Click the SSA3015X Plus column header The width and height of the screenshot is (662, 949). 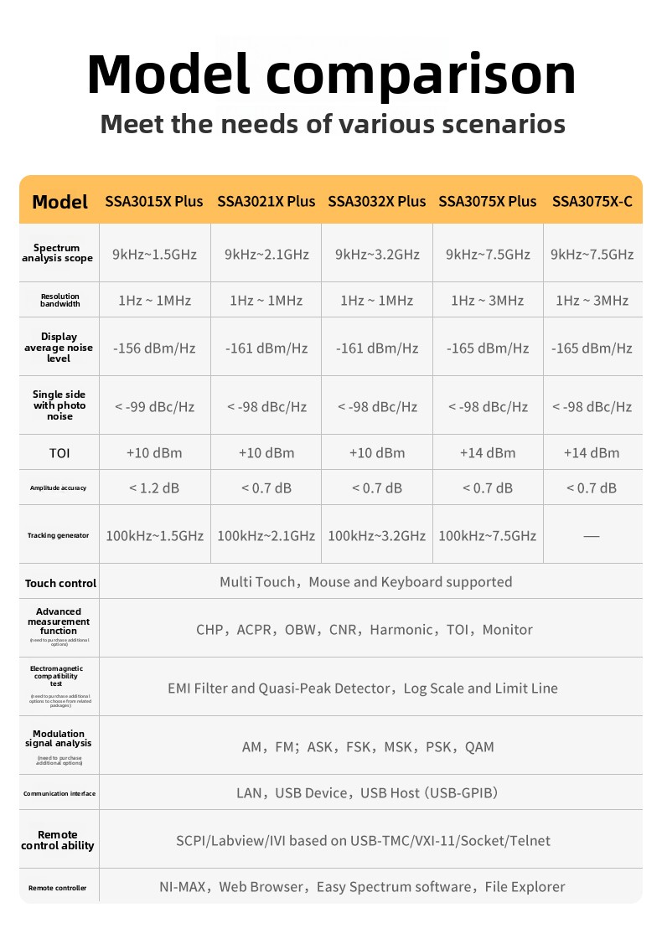point(154,202)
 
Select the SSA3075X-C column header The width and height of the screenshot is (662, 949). point(592,202)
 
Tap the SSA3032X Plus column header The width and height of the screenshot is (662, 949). point(377,202)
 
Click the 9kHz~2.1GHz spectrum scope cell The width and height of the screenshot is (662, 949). point(266,254)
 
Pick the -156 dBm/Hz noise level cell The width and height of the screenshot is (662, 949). point(154,348)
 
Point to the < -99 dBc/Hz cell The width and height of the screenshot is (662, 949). point(154,407)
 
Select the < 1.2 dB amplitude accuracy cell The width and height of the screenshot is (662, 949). point(154,487)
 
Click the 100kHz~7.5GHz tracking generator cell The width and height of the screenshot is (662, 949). point(488,536)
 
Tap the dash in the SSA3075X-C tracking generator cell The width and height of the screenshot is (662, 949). point(592,536)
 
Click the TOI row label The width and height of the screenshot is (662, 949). point(59,453)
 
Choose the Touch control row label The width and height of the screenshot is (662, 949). point(60,583)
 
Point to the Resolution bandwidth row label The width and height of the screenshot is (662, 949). point(59,300)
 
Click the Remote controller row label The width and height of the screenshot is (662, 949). point(58,888)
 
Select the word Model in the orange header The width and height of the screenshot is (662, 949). point(59,202)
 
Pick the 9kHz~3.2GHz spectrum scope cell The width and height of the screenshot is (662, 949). point(377,254)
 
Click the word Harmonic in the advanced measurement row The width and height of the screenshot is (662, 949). point(402,630)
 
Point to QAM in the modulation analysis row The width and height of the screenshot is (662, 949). point(479,747)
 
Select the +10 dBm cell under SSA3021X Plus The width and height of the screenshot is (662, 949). point(266,453)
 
